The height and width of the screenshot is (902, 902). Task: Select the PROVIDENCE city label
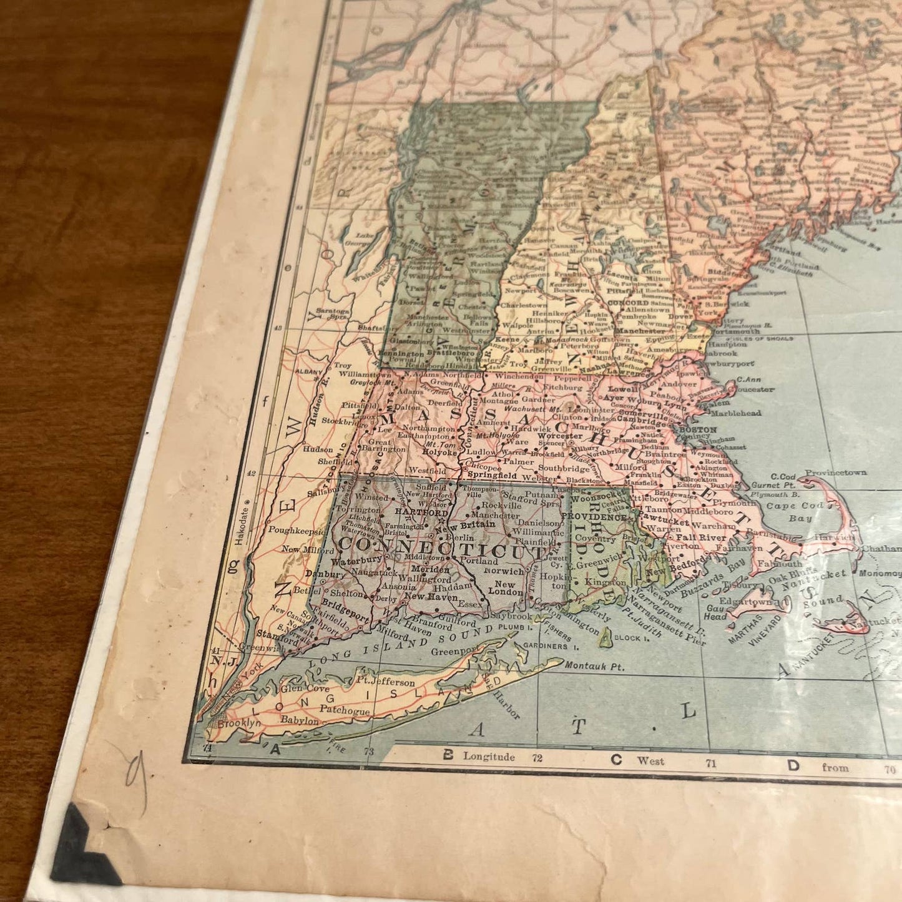pyautogui.click(x=593, y=517)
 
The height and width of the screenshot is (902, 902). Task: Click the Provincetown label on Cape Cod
pyautogui.click(x=835, y=473)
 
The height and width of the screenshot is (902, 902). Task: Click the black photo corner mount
pyautogui.click(x=81, y=849)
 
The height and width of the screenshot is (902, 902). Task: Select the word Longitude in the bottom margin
pyautogui.click(x=489, y=757)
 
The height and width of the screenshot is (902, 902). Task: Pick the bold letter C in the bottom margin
pyautogui.click(x=616, y=760)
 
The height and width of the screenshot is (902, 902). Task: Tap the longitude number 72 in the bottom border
pyautogui.click(x=537, y=758)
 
